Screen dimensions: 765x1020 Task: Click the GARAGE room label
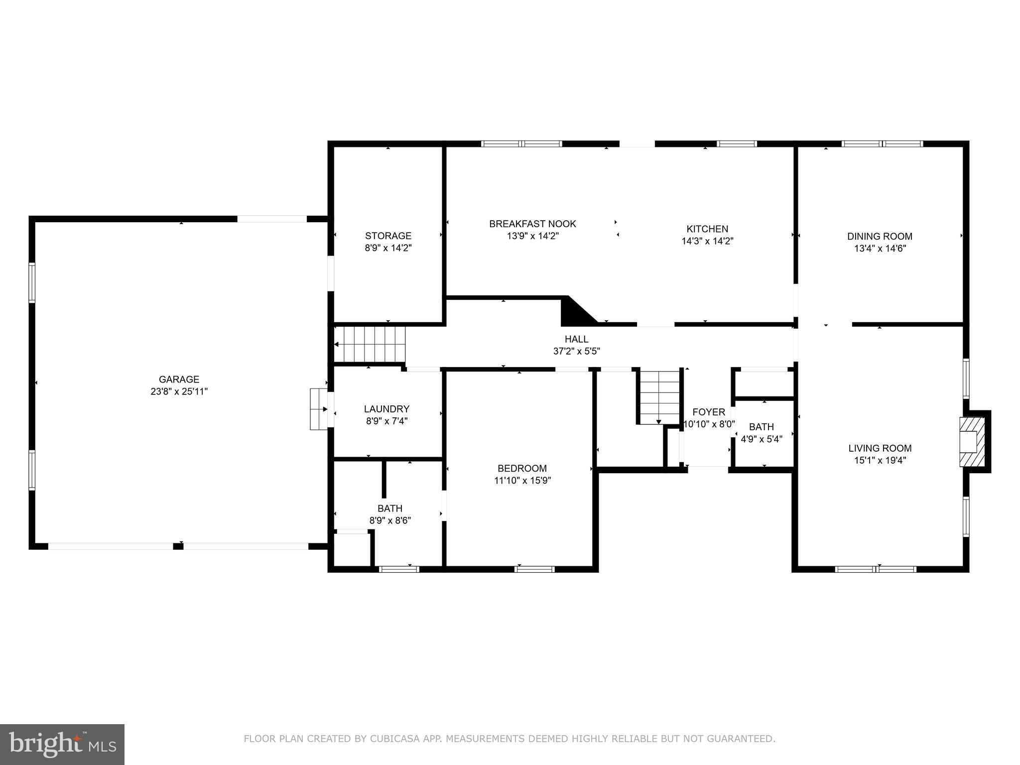179,380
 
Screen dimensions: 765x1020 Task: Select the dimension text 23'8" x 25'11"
179,391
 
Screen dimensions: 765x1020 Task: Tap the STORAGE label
388,236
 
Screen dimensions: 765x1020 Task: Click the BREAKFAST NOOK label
532,224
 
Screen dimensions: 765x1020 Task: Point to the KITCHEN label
707,229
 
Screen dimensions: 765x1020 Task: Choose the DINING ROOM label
880,237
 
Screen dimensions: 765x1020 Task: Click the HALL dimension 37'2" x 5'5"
576,351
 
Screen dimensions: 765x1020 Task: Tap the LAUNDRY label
386,409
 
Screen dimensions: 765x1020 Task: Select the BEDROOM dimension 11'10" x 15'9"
522,481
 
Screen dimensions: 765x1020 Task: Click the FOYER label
708,412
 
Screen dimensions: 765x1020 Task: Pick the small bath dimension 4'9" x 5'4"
762,439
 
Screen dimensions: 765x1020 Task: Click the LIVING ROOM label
880,448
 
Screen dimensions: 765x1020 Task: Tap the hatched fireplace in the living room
972,442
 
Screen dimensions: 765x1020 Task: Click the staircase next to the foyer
658,397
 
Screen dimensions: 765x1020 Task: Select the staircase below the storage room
370,344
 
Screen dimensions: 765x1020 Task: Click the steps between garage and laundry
318,409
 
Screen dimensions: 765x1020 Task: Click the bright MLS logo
62,744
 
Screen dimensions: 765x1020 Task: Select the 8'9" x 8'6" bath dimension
390,521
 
